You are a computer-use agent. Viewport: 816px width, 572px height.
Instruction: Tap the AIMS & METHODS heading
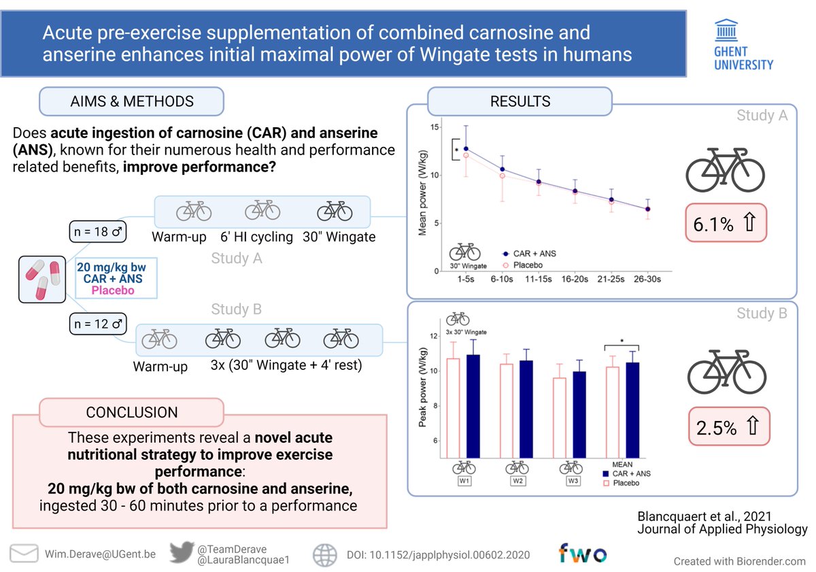[x=132, y=101]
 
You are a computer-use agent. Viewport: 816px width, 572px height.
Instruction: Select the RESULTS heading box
[x=520, y=102]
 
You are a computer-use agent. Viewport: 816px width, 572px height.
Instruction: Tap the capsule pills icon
[x=41, y=279]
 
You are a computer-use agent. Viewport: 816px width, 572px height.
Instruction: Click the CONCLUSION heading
[x=131, y=412]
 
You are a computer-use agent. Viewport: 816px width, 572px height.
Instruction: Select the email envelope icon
[x=23, y=554]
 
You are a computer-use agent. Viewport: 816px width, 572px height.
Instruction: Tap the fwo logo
[x=583, y=553]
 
